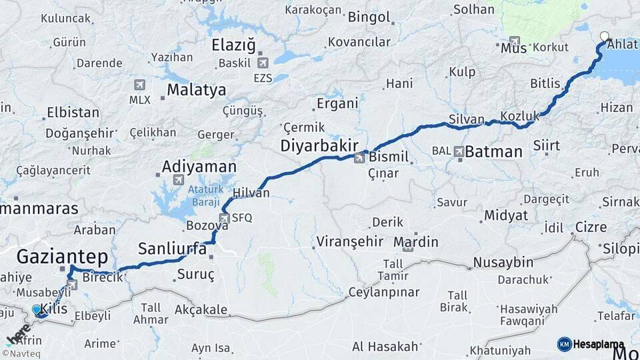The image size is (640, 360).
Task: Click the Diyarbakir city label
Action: (x=320, y=145)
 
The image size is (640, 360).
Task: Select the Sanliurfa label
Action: (x=172, y=249)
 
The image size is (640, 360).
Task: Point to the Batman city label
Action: (x=493, y=151)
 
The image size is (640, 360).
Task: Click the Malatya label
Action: (x=196, y=90)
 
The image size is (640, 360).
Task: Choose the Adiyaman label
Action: (x=199, y=166)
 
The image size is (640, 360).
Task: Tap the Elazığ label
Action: (x=233, y=45)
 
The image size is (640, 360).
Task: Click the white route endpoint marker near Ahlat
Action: (x=604, y=37)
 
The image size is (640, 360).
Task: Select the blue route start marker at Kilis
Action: (x=37, y=309)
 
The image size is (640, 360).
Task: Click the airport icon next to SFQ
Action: (x=225, y=218)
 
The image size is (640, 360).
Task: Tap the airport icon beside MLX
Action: (x=139, y=85)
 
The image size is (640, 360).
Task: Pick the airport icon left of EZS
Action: (x=263, y=63)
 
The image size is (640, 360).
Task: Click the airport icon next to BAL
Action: (x=459, y=151)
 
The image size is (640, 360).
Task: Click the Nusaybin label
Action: (x=505, y=261)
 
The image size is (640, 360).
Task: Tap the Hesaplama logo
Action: (x=591, y=344)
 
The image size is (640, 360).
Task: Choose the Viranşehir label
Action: (x=350, y=241)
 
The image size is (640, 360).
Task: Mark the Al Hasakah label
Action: (x=385, y=346)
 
